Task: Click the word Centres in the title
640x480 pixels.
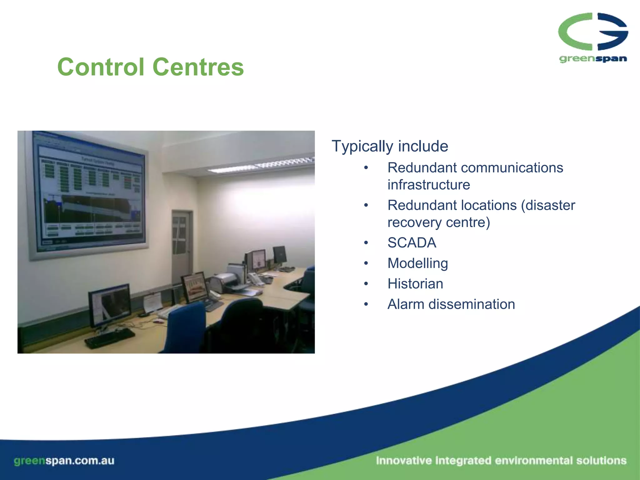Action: click(x=198, y=67)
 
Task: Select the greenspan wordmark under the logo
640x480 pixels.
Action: click(x=593, y=58)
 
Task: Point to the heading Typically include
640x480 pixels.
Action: click(x=390, y=146)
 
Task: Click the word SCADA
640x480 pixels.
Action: click(x=412, y=243)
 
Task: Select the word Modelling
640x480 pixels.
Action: click(x=417, y=263)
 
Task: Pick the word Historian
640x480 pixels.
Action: click(x=415, y=284)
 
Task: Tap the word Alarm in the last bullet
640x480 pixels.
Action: click(x=405, y=304)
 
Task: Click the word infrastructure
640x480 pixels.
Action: click(x=428, y=185)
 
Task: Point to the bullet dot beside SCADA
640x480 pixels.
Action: click(x=366, y=243)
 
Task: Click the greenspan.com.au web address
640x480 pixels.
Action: click(x=64, y=461)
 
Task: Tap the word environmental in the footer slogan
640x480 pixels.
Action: click(x=533, y=461)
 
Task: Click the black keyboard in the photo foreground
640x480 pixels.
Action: click(x=109, y=337)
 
